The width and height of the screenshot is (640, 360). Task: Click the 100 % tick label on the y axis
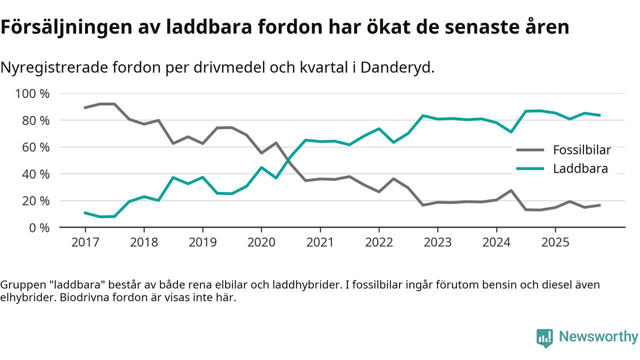point(32,93)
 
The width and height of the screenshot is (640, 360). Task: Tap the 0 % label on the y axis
point(39,227)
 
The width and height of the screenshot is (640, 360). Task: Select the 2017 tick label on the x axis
point(85,242)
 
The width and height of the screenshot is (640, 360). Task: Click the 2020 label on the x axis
point(261,242)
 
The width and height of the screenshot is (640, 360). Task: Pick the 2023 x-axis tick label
point(437,242)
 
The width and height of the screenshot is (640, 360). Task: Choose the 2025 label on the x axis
point(555,242)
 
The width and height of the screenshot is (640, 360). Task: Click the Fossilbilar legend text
point(582,149)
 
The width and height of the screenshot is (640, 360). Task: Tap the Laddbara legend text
point(580,168)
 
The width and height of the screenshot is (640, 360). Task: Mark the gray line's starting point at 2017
point(85,107)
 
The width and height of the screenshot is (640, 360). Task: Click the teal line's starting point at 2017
point(85,212)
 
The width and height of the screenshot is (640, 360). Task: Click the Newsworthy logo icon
point(544,337)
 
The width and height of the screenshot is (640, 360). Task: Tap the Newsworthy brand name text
point(598,336)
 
